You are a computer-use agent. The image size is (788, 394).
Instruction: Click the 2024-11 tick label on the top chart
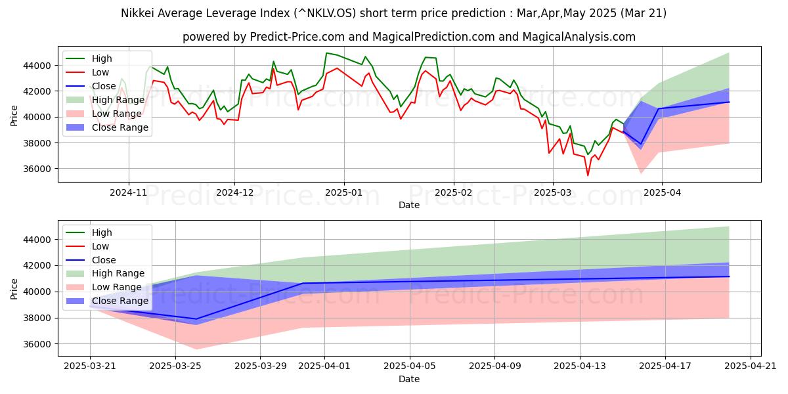(x=129, y=193)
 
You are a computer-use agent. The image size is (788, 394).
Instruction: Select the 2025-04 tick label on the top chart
(x=661, y=193)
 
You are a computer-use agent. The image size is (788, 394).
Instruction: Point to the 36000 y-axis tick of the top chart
(x=38, y=169)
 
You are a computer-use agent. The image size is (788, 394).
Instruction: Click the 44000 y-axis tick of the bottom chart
(x=38, y=240)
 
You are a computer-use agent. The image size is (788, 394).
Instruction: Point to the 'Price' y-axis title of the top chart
(x=14, y=116)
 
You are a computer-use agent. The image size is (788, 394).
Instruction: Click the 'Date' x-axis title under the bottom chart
(x=410, y=379)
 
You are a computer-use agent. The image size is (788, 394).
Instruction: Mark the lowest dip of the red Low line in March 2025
(x=588, y=175)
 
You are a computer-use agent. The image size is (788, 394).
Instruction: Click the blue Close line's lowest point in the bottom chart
(x=196, y=319)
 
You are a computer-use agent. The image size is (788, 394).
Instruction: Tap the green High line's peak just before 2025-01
(x=326, y=53)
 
